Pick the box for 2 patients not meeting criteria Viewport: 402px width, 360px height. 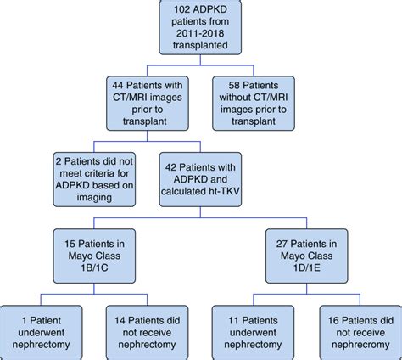[99, 177]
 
